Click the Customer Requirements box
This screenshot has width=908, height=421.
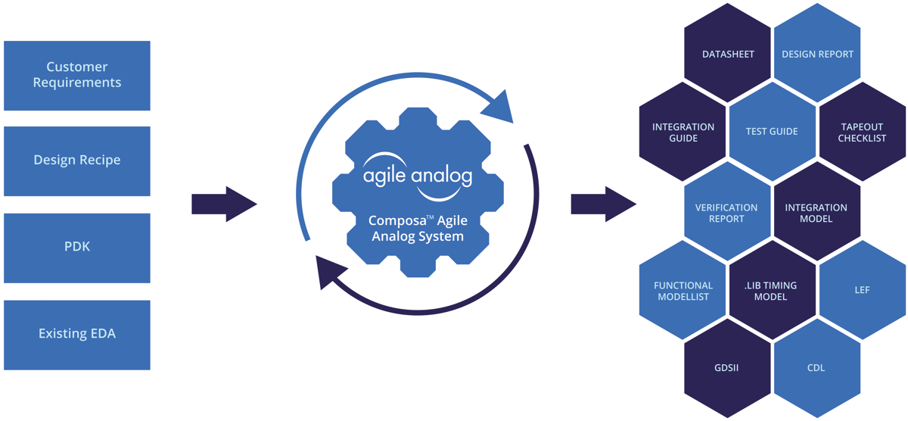pyautogui.click(x=77, y=75)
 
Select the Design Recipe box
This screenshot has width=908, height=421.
pyautogui.click(x=77, y=161)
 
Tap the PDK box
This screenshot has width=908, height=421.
pyautogui.click(x=77, y=248)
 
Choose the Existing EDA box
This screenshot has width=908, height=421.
pyautogui.click(x=77, y=334)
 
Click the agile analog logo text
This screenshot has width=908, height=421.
pyautogui.click(x=417, y=176)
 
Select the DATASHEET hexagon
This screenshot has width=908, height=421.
pyautogui.click(x=728, y=54)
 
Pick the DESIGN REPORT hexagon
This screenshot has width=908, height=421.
pyautogui.click(x=817, y=54)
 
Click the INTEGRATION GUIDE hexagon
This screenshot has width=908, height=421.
pyautogui.click(x=683, y=133)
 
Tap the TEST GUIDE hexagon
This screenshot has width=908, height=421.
pyautogui.click(x=772, y=132)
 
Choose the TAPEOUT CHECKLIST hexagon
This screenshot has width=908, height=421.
pyautogui.click(x=862, y=133)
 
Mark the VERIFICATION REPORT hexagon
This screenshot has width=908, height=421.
pyautogui.click(x=726, y=212)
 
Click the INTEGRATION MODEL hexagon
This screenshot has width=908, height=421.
pyautogui.click(x=816, y=212)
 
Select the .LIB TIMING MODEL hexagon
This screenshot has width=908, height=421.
pyautogui.click(x=771, y=292)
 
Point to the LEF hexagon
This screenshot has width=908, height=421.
pyautogui.click(x=862, y=290)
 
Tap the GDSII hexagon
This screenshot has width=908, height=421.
pyautogui.click(x=728, y=368)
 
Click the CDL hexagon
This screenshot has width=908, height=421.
pyautogui.click(x=816, y=368)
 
